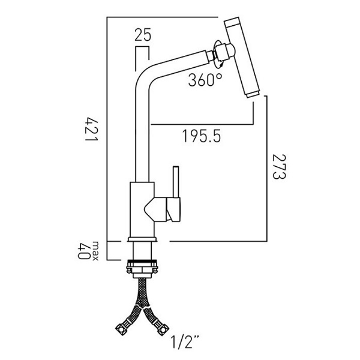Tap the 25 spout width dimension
(x=142, y=35)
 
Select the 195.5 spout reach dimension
(x=202, y=137)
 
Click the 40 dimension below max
(x=85, y=252)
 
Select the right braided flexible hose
(x=152, y=312)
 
